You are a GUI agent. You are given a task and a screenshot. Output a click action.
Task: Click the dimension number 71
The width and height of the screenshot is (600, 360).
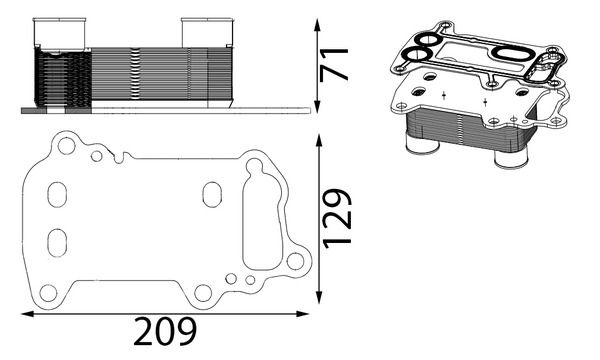pos(338,63)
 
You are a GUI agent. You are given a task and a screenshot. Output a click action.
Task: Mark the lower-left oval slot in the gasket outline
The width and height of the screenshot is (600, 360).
pos(57,241)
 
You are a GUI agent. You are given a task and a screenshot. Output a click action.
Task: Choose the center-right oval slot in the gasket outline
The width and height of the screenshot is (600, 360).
pos(212,193)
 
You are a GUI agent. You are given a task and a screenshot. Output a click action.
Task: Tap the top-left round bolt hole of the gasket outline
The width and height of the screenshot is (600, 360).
pos(66,146)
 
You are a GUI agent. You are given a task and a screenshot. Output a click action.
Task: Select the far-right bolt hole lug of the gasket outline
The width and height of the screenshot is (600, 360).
pos(295,263)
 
